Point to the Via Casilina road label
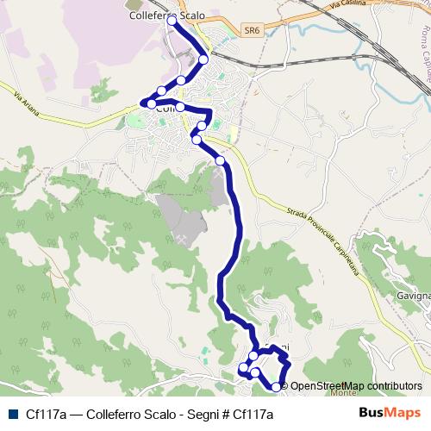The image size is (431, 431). click(x=328, y=10)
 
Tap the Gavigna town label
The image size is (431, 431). click(x=413, y=297)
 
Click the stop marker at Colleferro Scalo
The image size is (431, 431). click(x=172, y=19)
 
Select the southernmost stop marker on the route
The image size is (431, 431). click(x=276, y=387)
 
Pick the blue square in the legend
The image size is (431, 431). click(x=12, y=413)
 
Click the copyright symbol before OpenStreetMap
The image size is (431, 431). click(x=284, y=386)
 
